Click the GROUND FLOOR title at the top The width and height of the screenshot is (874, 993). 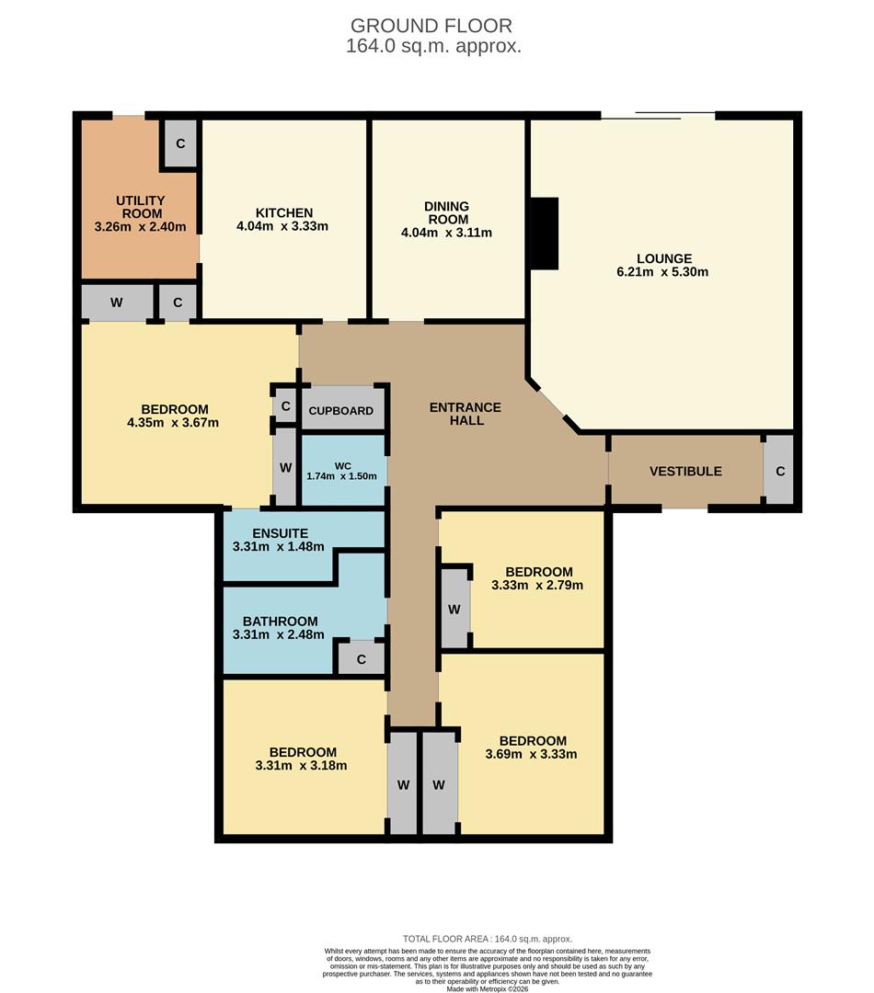(431, 26)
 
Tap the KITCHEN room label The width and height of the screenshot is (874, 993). (282, 212)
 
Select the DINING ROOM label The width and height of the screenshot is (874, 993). (446, 212)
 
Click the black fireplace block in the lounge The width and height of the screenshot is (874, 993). (545, 234)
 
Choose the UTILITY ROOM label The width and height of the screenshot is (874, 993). (140, 207)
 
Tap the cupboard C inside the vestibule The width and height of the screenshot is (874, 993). (779, 471)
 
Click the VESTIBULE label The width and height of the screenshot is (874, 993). (685, 471)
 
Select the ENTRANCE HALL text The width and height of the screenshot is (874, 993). (465, 414)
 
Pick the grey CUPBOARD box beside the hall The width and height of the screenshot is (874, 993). (341, 410)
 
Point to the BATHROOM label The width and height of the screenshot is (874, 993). (280, 622)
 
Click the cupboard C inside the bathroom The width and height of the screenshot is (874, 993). (361, 659)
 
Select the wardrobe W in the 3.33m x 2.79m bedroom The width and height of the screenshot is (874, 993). (454, 610)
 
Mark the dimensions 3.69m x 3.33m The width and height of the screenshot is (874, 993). (531, 755)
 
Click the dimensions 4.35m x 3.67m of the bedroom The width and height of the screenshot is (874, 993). (174, 423)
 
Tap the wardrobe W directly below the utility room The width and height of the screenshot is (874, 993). (117, 302)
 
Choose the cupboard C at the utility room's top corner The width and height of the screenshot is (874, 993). (180, 144)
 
